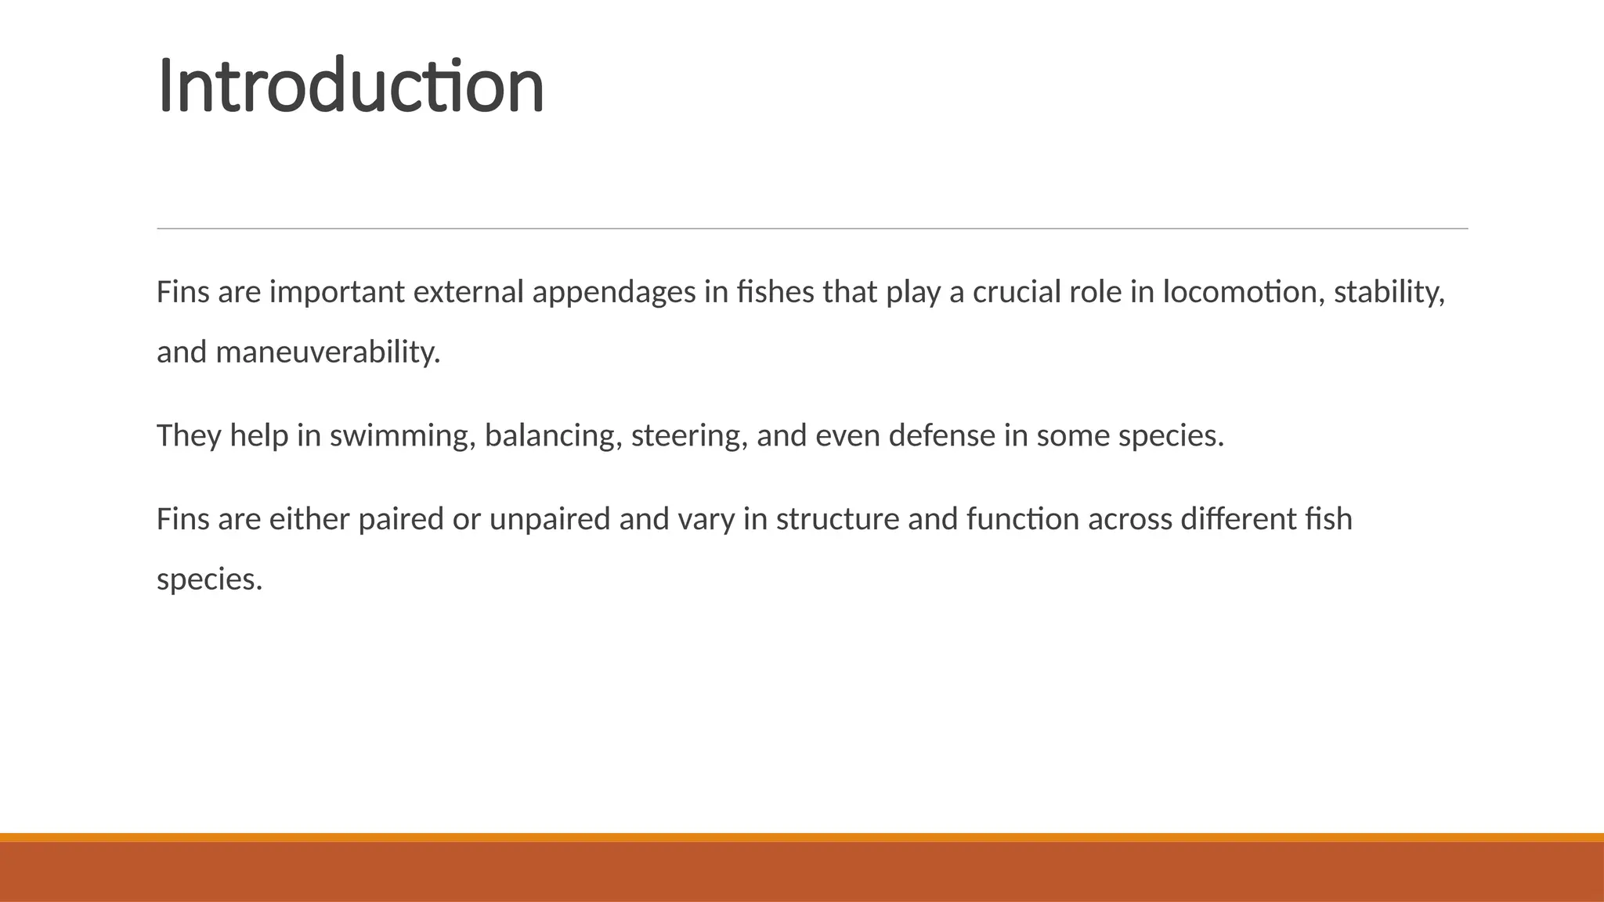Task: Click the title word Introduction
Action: [x=350, y=85]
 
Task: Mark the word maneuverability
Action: [x=328, y=353]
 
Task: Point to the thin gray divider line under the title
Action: [x=812, y=229]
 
